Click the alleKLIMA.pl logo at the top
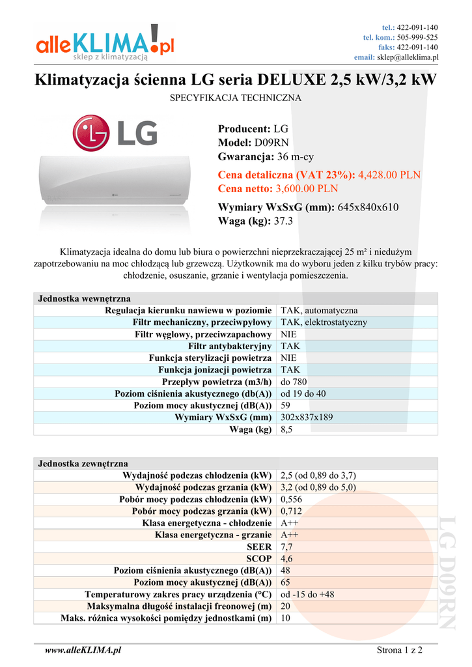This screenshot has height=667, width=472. pyautogui.click(x=105, y=44)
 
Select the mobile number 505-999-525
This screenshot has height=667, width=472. pyautogui.click(x=417, y=37)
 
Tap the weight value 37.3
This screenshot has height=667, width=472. pyautogui.click(x=285, y=221)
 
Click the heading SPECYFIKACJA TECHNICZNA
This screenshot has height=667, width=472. pyautogui.click(x=236, y=98)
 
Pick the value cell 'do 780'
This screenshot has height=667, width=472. pyautogui.click(x=294, y=382)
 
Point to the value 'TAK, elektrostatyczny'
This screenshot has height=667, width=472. pyautogui.click(x=324, y=322)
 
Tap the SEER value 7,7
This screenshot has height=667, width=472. pyautogui.click(x=286, y=547)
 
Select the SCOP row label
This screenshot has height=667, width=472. pyautogui.click(x=258, y=559)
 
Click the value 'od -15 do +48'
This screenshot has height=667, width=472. pyautogui.click(x=308, y=595)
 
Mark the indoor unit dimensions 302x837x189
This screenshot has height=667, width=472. pyautogui.click(x=307, y=418)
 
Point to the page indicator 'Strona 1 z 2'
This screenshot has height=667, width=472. pyautogui.click(x=400, y=649)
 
